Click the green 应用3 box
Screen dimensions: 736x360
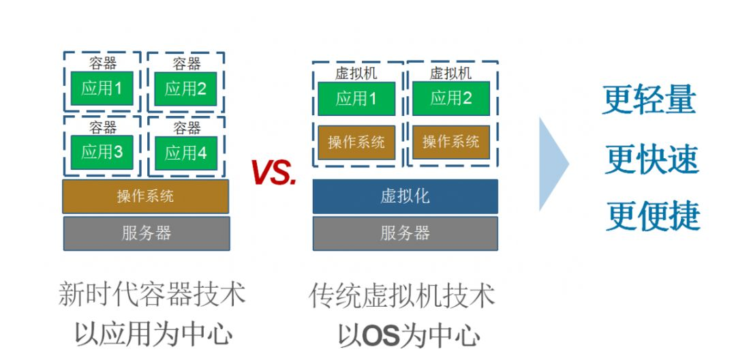coord(102,152)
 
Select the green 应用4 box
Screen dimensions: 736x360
coord(186,153)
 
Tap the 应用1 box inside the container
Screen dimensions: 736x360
coord(102,88)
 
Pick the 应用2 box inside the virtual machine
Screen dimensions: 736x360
coord(451,98)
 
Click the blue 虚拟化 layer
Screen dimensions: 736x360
coord(405,196)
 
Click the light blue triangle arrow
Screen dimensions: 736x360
coord(554,164)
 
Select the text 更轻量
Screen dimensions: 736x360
coord(649,100)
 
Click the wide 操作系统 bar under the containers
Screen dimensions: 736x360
coord(146,196)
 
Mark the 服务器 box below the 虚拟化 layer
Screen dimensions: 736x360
coord(405,233)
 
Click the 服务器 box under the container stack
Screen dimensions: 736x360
coord(147,233)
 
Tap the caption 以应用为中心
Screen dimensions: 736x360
coord(154,333)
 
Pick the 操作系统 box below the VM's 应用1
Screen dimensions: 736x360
coord(356,142)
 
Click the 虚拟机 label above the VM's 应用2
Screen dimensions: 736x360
coord(451,73)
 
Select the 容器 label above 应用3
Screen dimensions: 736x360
coord(103,127)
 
